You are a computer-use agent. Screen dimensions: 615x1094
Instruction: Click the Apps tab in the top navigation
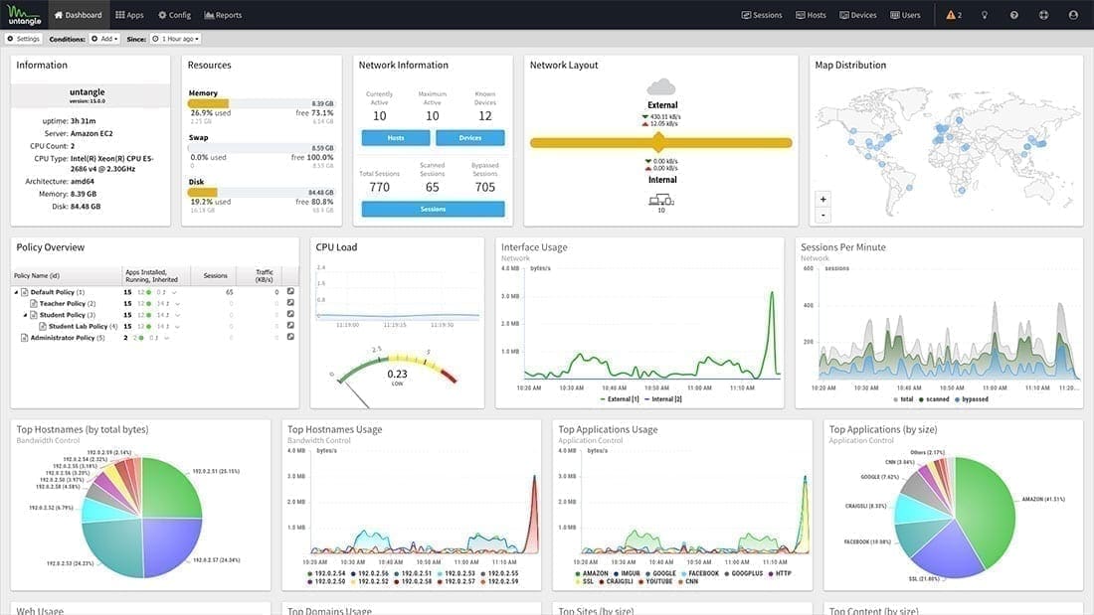[x=129, y=15]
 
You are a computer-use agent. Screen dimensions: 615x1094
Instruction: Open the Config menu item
[x=174, y=15]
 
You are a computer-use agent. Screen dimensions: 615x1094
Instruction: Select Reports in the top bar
[x=223, y=15]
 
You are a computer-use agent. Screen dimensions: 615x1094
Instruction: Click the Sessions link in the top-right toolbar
[x=762, y=15]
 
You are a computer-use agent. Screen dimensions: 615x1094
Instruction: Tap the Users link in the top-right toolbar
[x=905, y=15]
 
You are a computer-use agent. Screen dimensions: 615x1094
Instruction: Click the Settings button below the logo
[x=24, y=39]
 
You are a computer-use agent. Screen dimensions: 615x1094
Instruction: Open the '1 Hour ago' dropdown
[x=175, y=39]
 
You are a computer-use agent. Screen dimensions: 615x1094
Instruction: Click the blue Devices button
[x=470, y=138]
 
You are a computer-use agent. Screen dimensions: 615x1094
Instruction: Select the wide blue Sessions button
[x=433, y=209]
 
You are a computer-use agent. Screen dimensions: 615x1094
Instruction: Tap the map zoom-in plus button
[x=822, y=199]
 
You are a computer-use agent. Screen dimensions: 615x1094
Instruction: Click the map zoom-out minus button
[x=822, y=215]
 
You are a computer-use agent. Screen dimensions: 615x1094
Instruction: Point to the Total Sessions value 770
[x=379, y=187]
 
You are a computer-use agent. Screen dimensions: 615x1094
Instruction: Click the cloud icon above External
[x=661, y=87]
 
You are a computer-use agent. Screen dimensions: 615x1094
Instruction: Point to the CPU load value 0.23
[x=397, y=374]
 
